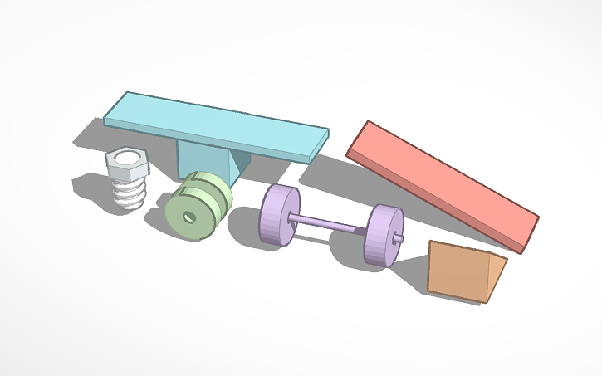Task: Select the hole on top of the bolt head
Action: coord(126,154)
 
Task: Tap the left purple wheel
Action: coord(279,215)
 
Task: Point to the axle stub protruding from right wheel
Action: coord(401,239)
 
